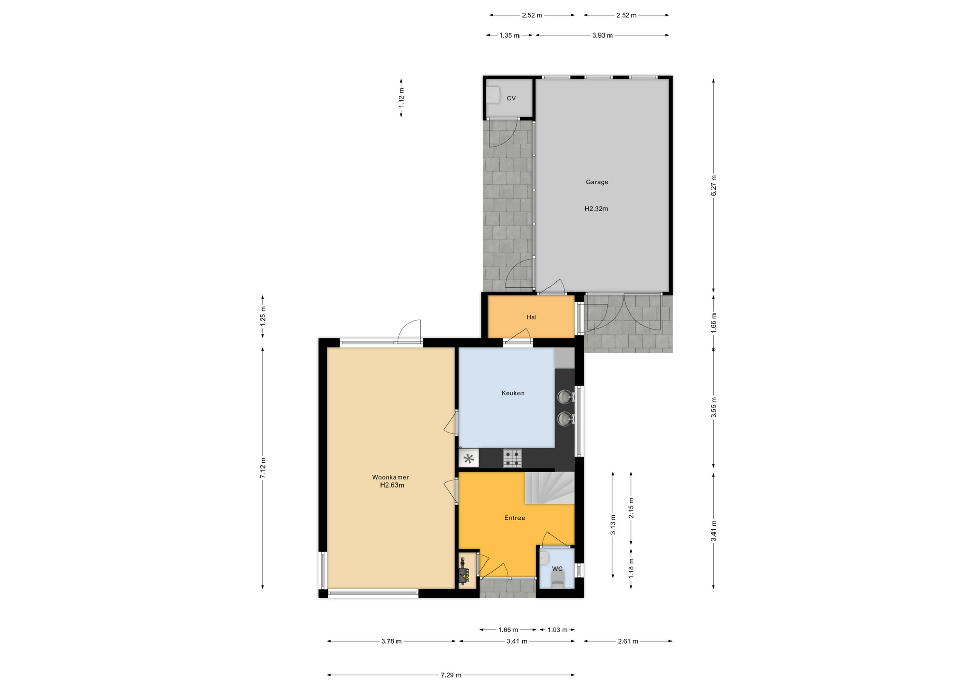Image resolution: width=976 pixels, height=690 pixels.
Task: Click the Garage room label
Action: (x=597, y=182)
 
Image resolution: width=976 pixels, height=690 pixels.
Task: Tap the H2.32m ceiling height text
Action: (x=596, y=209)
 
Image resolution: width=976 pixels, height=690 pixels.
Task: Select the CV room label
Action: (x=511, y=98)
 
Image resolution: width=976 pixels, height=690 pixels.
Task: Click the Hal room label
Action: (x=532, y=317)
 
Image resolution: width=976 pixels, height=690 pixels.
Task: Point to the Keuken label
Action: (x=513, y=393)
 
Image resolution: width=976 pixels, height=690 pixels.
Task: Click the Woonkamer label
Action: (x=390, y=477)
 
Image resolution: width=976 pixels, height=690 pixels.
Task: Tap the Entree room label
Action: (x=514, y=518)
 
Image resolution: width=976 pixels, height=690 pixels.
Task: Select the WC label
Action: (x=557, y=569)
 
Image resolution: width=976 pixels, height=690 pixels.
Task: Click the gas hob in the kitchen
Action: (x=512, y=458)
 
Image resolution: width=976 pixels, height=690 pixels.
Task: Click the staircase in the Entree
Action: (x=549, y=488)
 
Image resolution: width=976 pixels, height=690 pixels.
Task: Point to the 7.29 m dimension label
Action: (x=451, y=675)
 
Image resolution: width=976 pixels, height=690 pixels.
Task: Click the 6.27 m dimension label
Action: (x=714, y=185)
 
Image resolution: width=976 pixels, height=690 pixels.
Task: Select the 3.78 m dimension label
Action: (x=391, y=641)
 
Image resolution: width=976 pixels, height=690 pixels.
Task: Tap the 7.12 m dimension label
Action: (x=263, y=468)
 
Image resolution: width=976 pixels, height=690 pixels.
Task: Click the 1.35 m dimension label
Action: (x=509, y=36)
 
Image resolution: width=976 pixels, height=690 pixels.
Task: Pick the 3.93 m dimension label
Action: (x=602, y=36)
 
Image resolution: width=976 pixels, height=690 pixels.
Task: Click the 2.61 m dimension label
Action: (x=628, y=641)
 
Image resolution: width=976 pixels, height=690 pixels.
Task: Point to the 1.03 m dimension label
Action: (x=557, y=630)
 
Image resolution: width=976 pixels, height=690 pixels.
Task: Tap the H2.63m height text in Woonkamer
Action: (x=392, y=485)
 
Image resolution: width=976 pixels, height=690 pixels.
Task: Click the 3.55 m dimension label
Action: (x=714, y=407)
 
